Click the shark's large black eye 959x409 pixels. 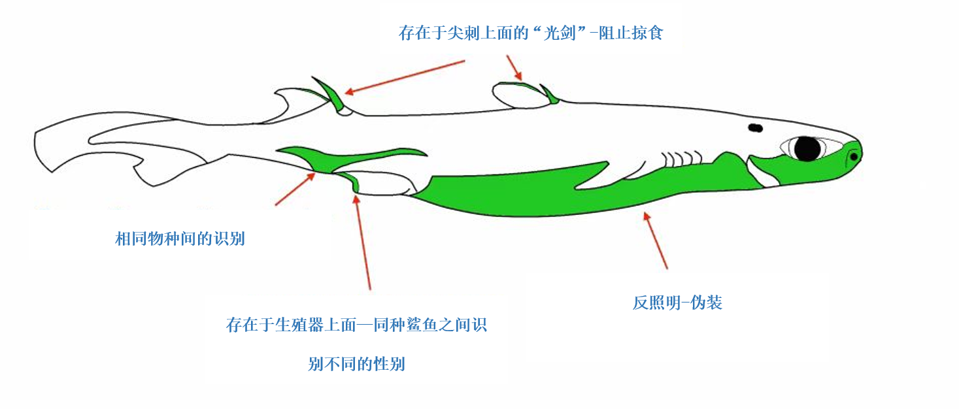click(807, 148)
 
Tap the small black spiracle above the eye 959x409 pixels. click(755, 127)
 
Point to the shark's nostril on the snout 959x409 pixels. click(853, 157)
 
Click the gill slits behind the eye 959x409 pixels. click(682, 159)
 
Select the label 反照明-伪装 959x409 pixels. click(677, 303)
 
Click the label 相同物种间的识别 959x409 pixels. click(180, 238)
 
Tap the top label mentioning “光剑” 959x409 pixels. click(531, 33)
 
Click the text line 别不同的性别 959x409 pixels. click(356, 364)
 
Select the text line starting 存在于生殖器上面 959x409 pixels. click(356, 325)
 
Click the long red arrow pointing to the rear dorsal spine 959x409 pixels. click(405, 77)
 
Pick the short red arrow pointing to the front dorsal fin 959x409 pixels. click(514, 67)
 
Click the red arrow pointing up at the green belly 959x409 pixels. click(656, 240)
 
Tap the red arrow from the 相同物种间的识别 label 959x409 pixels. click(295, 189)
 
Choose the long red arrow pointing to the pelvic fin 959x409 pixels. click(362, 242)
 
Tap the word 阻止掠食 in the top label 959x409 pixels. click(631, 33)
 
